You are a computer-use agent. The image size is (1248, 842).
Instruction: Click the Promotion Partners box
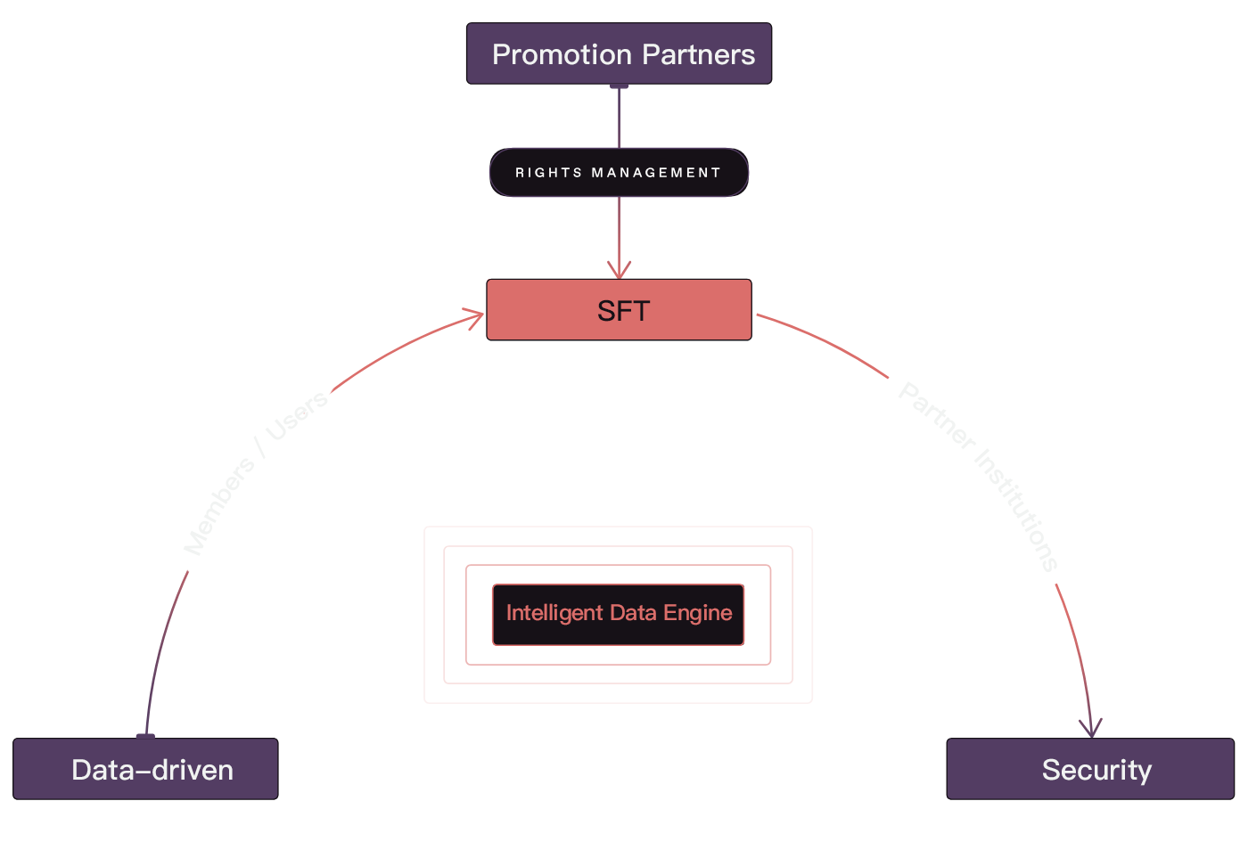(619, 54)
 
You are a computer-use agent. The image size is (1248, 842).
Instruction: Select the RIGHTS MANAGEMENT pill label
(619, 173)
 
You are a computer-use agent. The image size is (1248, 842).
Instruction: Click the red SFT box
(619, 310)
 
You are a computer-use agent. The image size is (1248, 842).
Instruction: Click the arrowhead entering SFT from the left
(475, 316)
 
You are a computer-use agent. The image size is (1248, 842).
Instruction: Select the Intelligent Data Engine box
(619, 614)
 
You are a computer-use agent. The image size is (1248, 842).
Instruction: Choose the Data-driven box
(145, 769)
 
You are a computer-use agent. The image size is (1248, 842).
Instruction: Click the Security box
(1090, 769)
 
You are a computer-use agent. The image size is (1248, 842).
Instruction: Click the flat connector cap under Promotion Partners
(619, 86)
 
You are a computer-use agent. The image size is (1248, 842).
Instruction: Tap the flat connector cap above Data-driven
(145, 736)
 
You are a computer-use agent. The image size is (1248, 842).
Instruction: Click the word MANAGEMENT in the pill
(656, 173)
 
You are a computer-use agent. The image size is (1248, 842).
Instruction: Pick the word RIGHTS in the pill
(548, 173)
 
